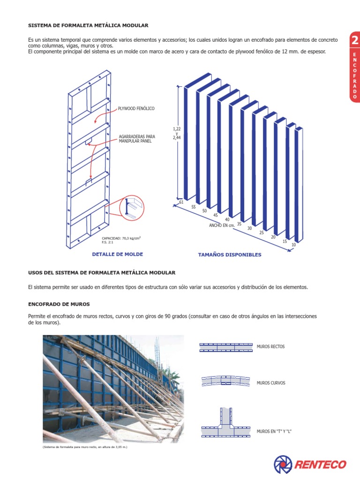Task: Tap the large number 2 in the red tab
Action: click(354, 41)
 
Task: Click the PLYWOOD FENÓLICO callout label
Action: click(136, 108)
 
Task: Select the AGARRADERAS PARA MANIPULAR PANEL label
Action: click(136, 139)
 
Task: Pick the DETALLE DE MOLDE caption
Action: click(118, 254)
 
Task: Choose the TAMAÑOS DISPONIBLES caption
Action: click(230, 255)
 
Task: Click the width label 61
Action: click(181, 202)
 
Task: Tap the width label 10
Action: click(293, 245)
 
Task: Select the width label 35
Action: click(239, 224)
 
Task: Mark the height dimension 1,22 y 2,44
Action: click(177, 133)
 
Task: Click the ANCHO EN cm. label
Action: click(221, 225)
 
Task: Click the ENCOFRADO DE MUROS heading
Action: click(59, 304)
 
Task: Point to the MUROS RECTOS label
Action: click(270, 347)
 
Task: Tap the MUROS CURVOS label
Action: click(271, 383)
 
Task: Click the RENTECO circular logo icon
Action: click(283, 464)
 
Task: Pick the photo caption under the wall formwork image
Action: click(85, 447)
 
